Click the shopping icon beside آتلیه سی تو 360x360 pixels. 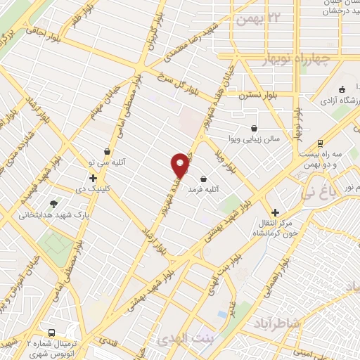pyautogui.click(x=107, y=150)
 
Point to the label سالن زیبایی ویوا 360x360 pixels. pyautogui.click(x=257, y=139)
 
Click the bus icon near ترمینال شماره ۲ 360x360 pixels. pyautogui.click(x=51, y=333)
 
